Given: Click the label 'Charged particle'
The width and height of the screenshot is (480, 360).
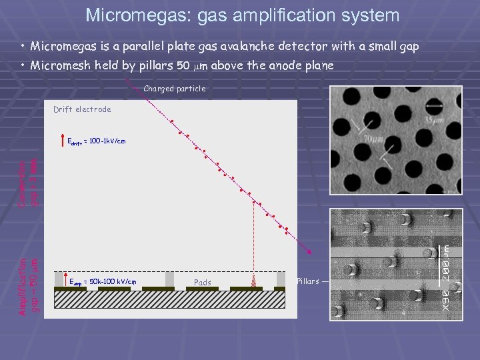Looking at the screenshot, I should click(x=174, y=89).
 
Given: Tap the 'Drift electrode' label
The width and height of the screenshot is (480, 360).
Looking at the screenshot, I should click(x=82, y=109).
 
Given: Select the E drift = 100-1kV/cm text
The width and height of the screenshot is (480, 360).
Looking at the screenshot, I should click(x=97, y=141).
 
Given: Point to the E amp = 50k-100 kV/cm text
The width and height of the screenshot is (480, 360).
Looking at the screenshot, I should click(x=103, y=282).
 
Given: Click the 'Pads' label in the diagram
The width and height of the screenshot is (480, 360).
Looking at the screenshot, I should click(x=202, y=283).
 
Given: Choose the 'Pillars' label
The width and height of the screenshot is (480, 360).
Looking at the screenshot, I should click(x=308, y=281).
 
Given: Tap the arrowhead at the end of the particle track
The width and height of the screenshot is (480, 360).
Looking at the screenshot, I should click(x=309, y=252).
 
